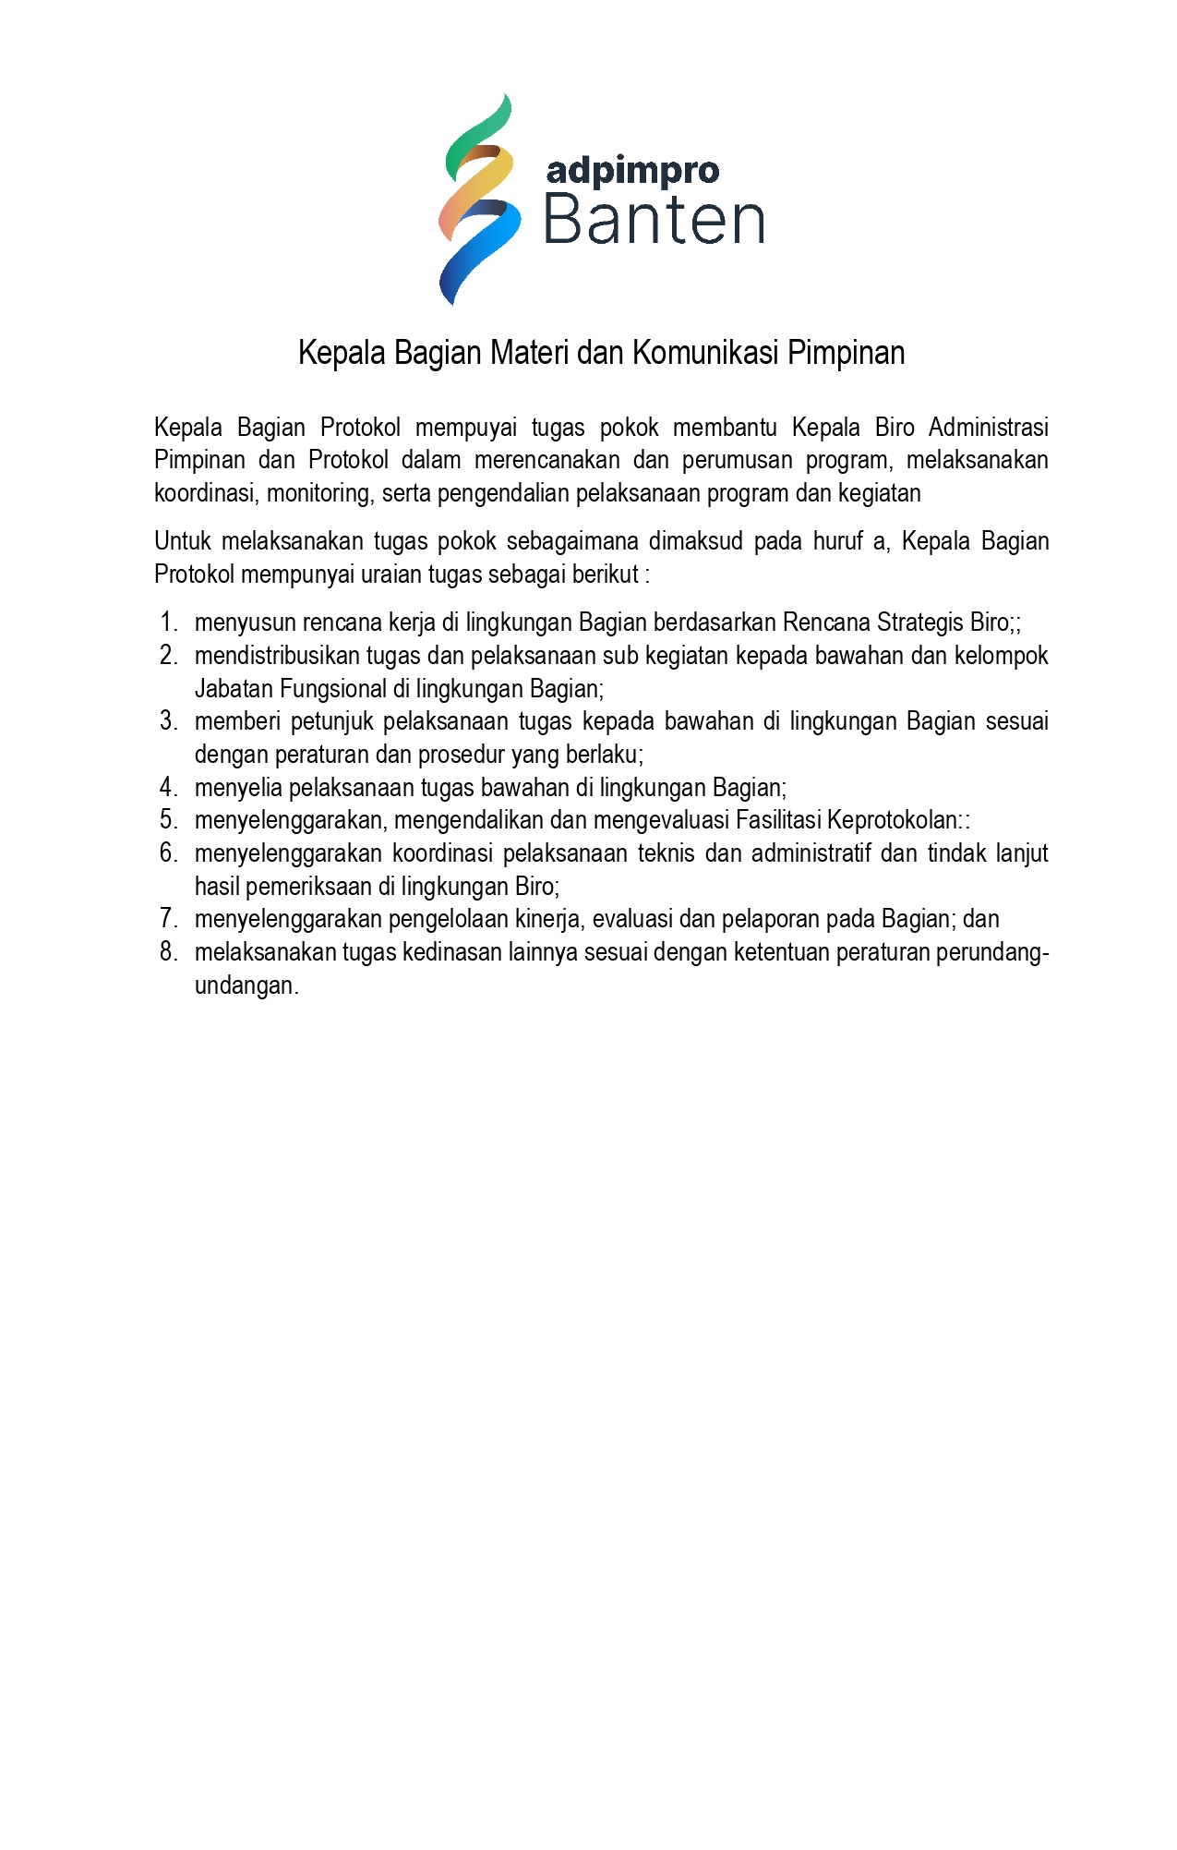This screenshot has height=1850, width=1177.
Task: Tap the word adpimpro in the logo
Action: (632, 172)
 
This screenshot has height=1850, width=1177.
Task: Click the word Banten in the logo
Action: (654, 222)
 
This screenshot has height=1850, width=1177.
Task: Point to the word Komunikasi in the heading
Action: (705, 353)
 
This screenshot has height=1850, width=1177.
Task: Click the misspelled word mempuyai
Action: (466, 428)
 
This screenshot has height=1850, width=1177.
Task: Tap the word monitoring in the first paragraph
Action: (318, 493)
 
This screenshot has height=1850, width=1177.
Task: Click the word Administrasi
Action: (988, 428)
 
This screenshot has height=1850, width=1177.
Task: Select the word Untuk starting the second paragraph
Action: (183, 541)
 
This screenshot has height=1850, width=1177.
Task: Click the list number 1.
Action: (168, 623)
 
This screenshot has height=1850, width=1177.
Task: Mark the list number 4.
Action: (168, 788)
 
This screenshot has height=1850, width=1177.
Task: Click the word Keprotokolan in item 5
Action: (892, 820)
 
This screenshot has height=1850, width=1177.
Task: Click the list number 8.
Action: (168, 952)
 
